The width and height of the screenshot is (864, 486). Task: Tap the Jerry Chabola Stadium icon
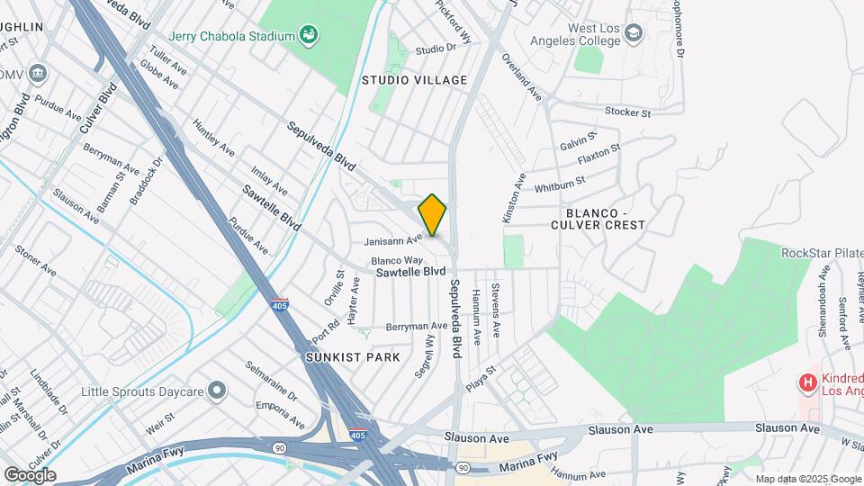310,36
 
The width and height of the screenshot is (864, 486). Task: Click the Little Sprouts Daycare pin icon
216,391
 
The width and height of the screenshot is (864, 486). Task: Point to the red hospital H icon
808,383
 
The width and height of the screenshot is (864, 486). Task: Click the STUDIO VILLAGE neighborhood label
415,80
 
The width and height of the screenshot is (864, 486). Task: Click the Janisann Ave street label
392,240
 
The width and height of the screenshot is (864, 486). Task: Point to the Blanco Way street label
397,260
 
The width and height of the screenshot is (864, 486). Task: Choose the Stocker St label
627,113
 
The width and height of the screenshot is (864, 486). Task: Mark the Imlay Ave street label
270,181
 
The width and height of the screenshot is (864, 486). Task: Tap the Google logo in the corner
30,475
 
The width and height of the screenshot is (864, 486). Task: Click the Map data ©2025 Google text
808,479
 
